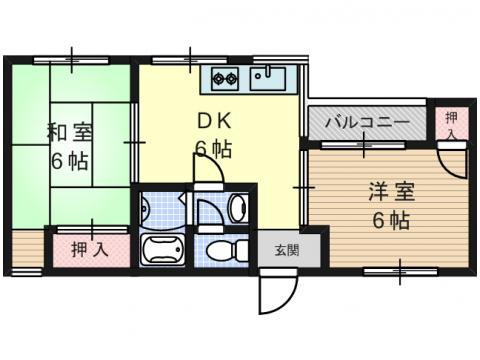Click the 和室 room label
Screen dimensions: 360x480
(x=69, y=130)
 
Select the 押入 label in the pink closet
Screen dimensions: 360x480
(x=91, y=249)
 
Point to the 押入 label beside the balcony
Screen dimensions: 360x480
(x=449, y=123)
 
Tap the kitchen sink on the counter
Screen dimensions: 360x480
(x=269, y=77)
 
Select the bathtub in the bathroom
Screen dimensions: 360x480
(x=162, y=249)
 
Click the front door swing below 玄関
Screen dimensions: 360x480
(x=276, y=292)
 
